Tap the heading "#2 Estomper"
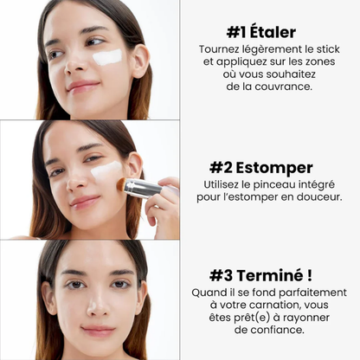pos(260,167)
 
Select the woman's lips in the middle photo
pos(85,201)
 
